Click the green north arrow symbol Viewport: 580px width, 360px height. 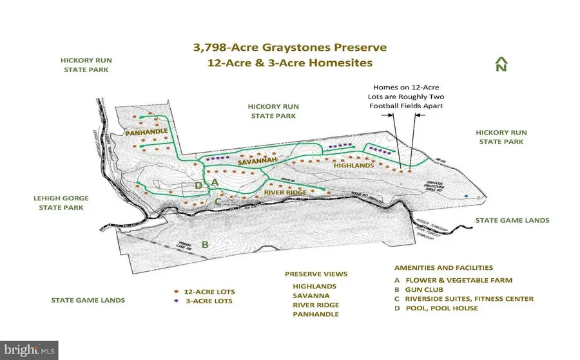[501, 64]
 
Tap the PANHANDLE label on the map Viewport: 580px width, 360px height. [147, 131]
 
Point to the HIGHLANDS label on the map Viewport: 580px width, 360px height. [354, 166]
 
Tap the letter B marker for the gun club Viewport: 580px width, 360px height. [205, 244]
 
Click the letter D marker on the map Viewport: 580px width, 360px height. [200, 186]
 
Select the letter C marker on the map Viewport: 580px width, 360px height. [218, 201]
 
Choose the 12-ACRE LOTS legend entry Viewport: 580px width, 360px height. [207, 291]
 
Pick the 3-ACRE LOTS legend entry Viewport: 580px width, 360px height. [207, 301]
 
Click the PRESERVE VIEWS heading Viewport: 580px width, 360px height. [315, 273]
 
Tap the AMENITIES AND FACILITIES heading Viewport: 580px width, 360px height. [443, 267]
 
